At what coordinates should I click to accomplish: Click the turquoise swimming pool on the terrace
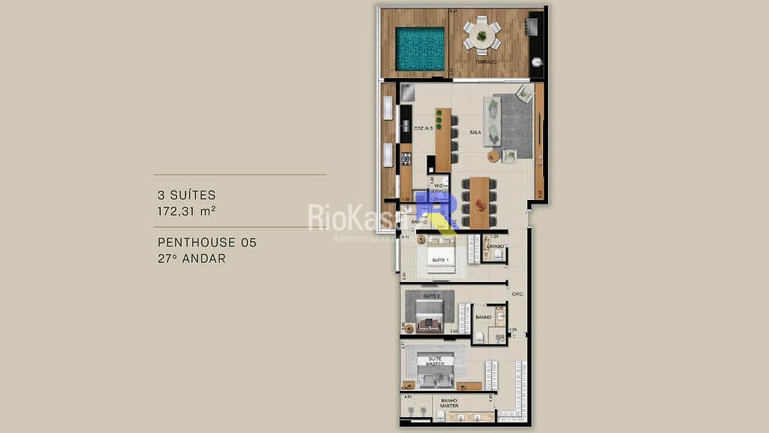tap(421, 49)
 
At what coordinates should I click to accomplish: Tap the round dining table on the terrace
tap(481, 35)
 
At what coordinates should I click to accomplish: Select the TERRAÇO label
tap(485, 62)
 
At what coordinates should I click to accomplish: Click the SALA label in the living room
tap(475, 132)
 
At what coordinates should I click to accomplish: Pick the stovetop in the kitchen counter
tap(406, 159)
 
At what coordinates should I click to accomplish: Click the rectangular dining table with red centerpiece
tap(479, 201)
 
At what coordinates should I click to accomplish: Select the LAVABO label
tap(495, 246)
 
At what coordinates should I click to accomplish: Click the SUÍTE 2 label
tap(431, 296)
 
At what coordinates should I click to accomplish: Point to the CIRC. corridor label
tap(517, 294)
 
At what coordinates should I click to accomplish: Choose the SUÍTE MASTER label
tap(435, 362)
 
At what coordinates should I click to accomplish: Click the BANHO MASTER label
tap(449, 403)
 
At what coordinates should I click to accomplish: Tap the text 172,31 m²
tap(186, 211)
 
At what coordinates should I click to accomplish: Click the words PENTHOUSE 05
tap(207, 243)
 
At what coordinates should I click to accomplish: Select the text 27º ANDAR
tap(191, 259)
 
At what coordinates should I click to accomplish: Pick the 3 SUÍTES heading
tap(186, 195)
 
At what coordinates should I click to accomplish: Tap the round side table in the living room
tap(493, 156)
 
